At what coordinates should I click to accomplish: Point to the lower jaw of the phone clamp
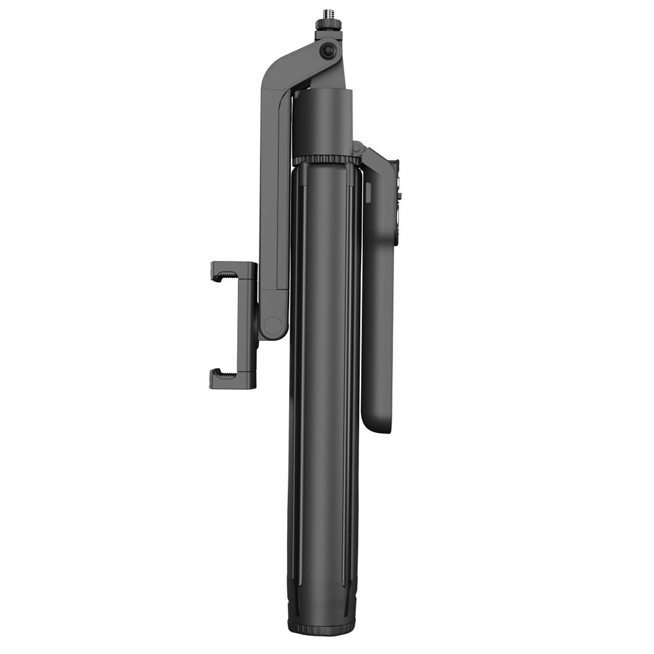pos(232,379)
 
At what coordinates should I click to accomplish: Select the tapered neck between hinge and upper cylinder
pos(327,75)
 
